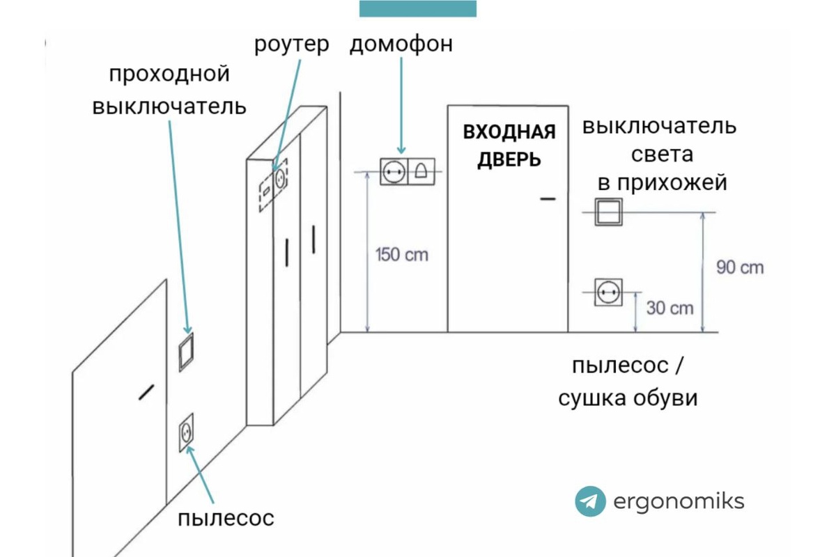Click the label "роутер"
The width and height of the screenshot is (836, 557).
pos(291,45)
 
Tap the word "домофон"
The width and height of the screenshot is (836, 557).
pos(401,45)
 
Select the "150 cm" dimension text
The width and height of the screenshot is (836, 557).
pos(401,254)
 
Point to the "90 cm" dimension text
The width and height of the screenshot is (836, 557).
pos(740,267)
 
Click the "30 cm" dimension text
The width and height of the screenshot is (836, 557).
pos(670,307)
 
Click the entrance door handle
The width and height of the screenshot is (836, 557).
pos(548,199)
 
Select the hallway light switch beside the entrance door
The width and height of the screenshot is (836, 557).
pos(607,212)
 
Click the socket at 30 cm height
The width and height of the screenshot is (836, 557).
pos(607,292)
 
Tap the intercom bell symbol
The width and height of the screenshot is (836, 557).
pos(421,171)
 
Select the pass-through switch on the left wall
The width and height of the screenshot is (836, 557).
pos(186,352)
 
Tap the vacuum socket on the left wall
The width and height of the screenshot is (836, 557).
pos(186,432)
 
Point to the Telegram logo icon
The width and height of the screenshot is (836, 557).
pos(590,501)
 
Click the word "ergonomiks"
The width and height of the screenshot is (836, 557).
pos(679,501)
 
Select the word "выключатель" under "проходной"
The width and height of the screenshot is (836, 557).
pos(169,107)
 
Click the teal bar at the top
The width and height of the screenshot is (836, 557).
pos(418,8)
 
